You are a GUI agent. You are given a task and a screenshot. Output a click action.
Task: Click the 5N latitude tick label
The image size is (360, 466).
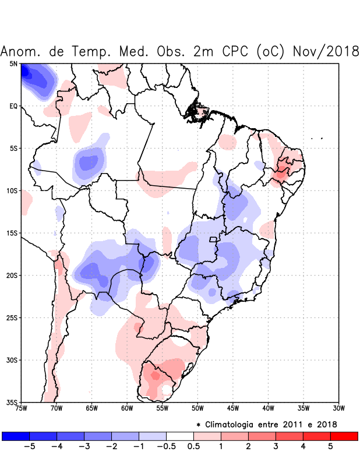point(13,64)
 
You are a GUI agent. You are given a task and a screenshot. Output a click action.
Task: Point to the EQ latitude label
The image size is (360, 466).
point(13,106)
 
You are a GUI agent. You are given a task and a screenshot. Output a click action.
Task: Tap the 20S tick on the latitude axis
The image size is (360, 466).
point(12,275)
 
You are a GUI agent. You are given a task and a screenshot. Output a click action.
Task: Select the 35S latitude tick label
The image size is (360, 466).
point(12,402)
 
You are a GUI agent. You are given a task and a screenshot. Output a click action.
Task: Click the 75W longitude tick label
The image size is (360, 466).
point(22,408)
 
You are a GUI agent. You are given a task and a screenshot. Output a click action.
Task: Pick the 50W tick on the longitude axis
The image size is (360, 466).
point(197,408)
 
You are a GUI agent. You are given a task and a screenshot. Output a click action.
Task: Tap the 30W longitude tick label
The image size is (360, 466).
point(338,408)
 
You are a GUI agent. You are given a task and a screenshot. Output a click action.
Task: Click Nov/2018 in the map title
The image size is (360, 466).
point(326,51)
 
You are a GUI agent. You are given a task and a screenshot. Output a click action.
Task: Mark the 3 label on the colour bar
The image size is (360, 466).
point(276,447)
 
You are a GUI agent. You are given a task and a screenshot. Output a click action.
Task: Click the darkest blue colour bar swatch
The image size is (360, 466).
point(16,436)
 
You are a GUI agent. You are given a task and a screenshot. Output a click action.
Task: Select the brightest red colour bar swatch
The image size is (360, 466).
point(344,436)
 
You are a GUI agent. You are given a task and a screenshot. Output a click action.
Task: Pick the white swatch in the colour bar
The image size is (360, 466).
point(179,436)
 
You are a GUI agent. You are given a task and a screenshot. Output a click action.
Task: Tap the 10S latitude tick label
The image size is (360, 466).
point(12,190)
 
